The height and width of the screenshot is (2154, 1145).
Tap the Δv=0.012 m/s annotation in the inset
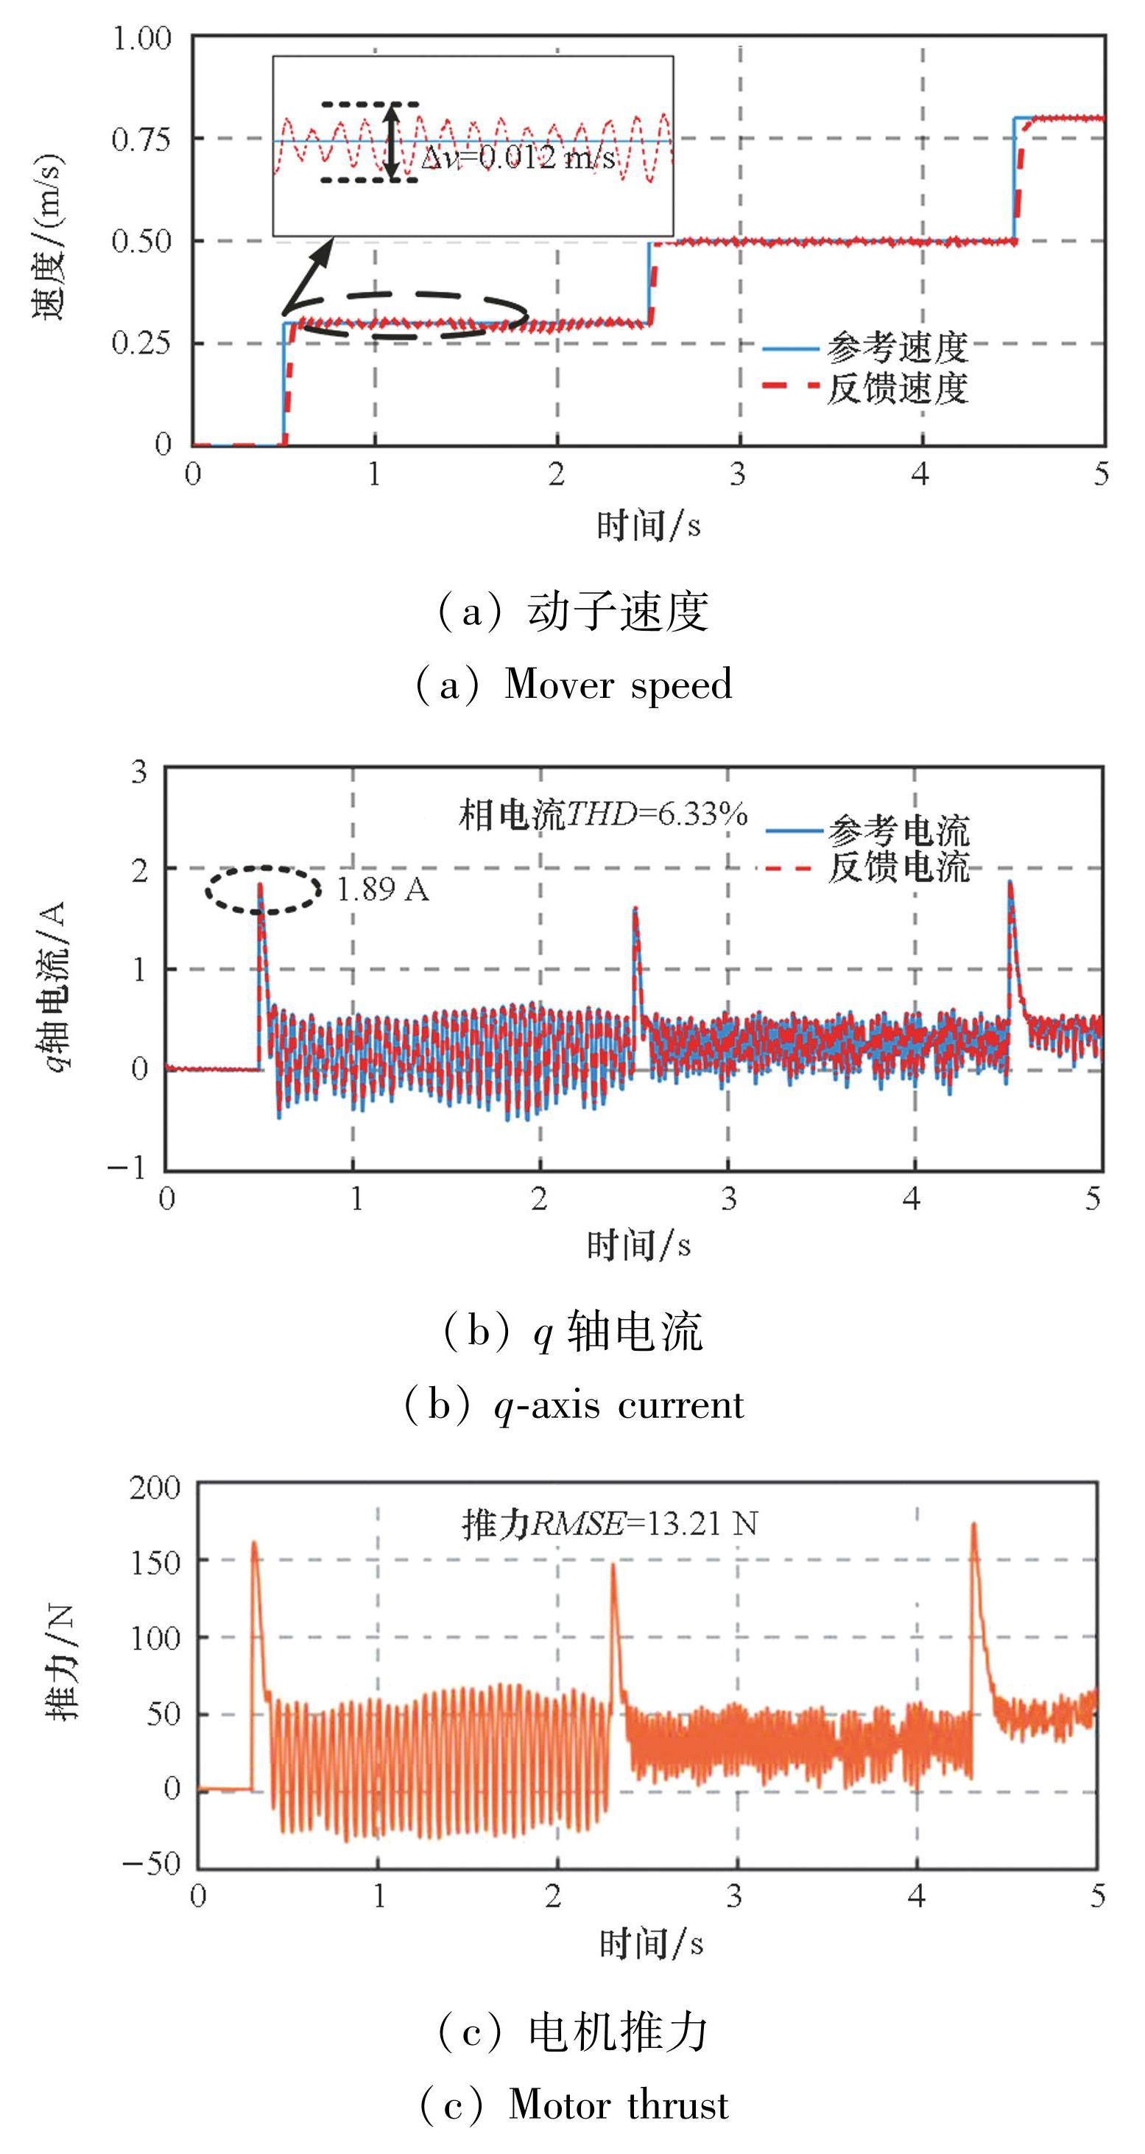[518, 157]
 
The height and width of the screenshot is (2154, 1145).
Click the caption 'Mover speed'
[618, 685]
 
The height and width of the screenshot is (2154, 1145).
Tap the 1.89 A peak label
[383, 889]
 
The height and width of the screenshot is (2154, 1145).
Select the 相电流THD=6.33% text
[602, 814]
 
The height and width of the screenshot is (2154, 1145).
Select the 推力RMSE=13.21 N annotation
[610, 1525]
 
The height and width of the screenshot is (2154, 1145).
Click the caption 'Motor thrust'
[619, 2105]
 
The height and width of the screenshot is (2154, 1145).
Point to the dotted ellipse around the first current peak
[264, 889]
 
